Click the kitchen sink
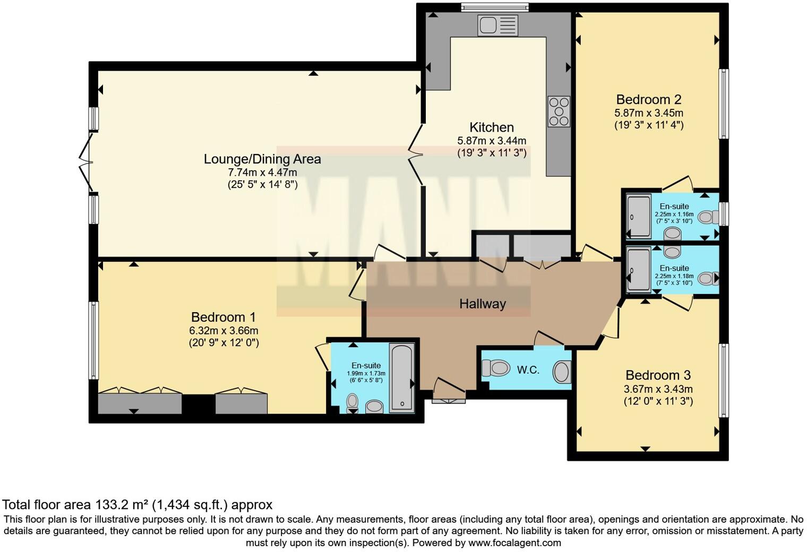click(497, 25)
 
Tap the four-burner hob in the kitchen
click(559, 111)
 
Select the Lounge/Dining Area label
click(262, 159)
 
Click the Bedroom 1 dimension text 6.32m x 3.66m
click(224, 330)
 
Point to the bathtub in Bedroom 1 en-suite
click(402, 378)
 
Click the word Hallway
click(482, 304)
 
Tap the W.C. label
click(528, 370)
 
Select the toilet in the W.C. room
click(494, 368)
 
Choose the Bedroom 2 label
click(648, 99)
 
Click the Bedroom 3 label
click(658, 375)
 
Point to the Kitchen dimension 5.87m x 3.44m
click(492, 141)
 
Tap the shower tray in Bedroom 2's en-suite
click(639, 217)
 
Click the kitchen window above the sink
click(495, 7)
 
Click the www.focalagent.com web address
click(514, 542)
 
